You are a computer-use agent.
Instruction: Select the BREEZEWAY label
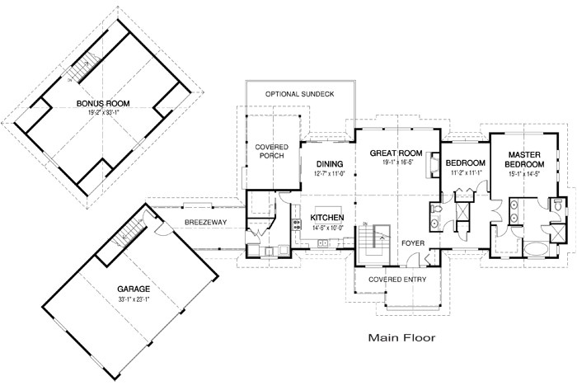pos(201,222)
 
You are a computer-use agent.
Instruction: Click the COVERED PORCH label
pos(271,151)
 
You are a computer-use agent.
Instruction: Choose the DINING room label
pos(329,164)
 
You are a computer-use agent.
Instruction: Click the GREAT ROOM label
pos(396,153)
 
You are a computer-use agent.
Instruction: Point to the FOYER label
pos(412,243)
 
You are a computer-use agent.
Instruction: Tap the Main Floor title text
pos(401,337)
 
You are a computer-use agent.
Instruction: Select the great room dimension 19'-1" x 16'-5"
pos(396,163)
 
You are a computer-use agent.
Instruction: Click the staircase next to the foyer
pos(374,239)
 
